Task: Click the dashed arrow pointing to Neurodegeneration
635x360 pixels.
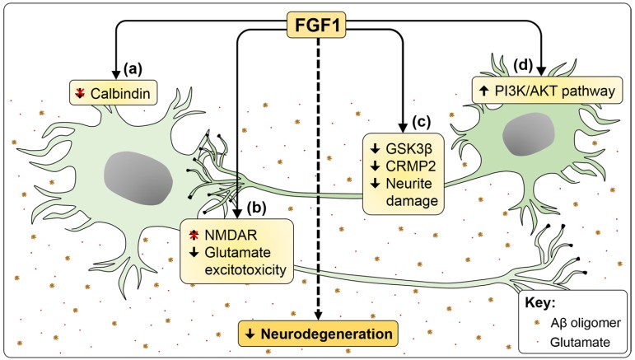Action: click(x=318, y=181)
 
